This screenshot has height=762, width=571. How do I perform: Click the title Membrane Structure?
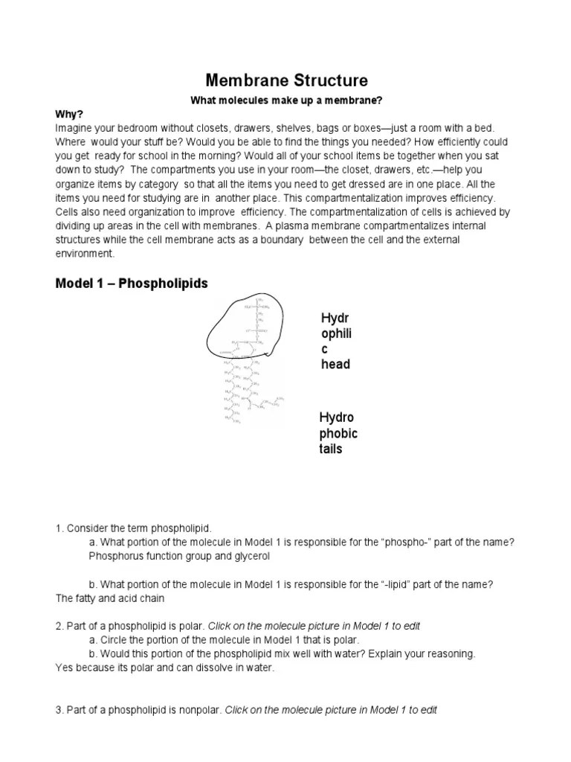click(x=285, y=80)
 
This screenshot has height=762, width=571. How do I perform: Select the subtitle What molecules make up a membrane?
click(x=285, y=100)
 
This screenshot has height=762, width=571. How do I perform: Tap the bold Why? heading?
click(x=69, y=115)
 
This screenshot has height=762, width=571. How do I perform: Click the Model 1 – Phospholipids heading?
click(x=132, y=284)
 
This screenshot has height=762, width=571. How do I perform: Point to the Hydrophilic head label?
click(x=335, y=342)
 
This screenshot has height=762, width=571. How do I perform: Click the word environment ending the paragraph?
click(x=85, y=254)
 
